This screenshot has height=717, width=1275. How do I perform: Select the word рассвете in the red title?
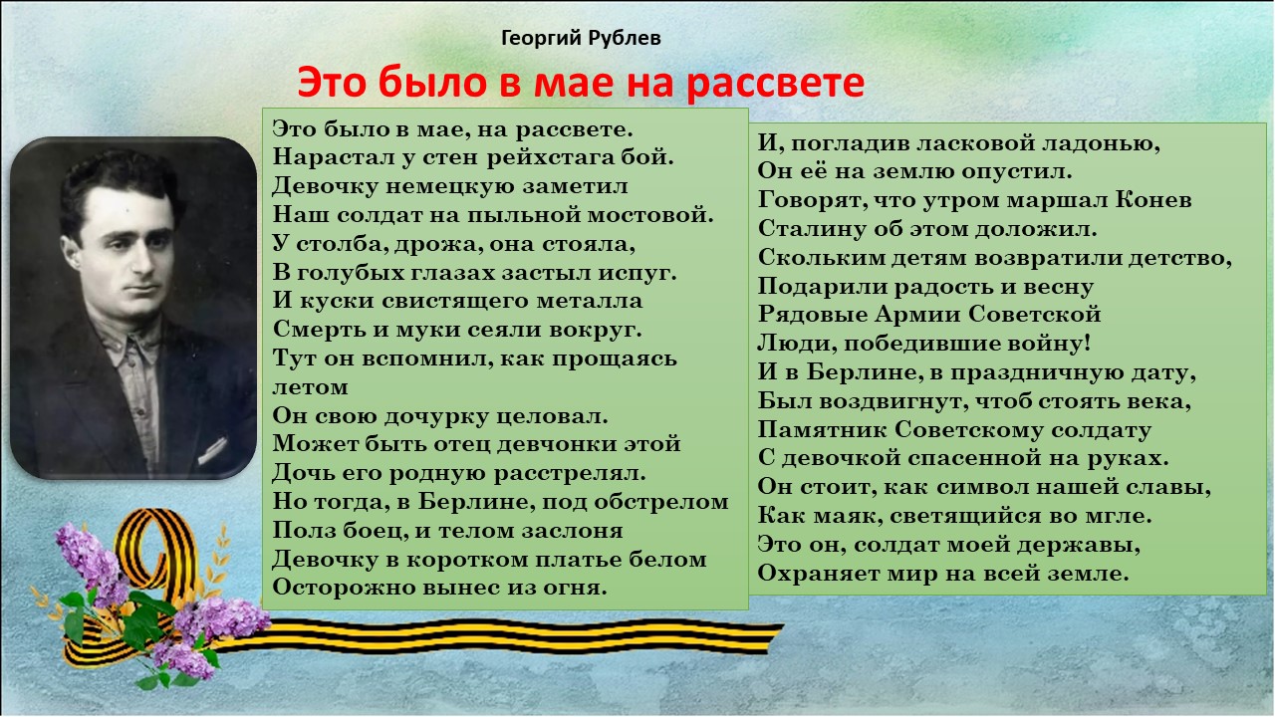click(775, 83)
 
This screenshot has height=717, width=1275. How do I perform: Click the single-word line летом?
click(310, 387)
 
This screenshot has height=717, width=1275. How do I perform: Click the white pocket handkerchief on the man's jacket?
click(212, 451)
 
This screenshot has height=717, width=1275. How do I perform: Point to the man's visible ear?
click(71, 252)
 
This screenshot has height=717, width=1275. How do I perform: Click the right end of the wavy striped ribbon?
click(781, 631)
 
